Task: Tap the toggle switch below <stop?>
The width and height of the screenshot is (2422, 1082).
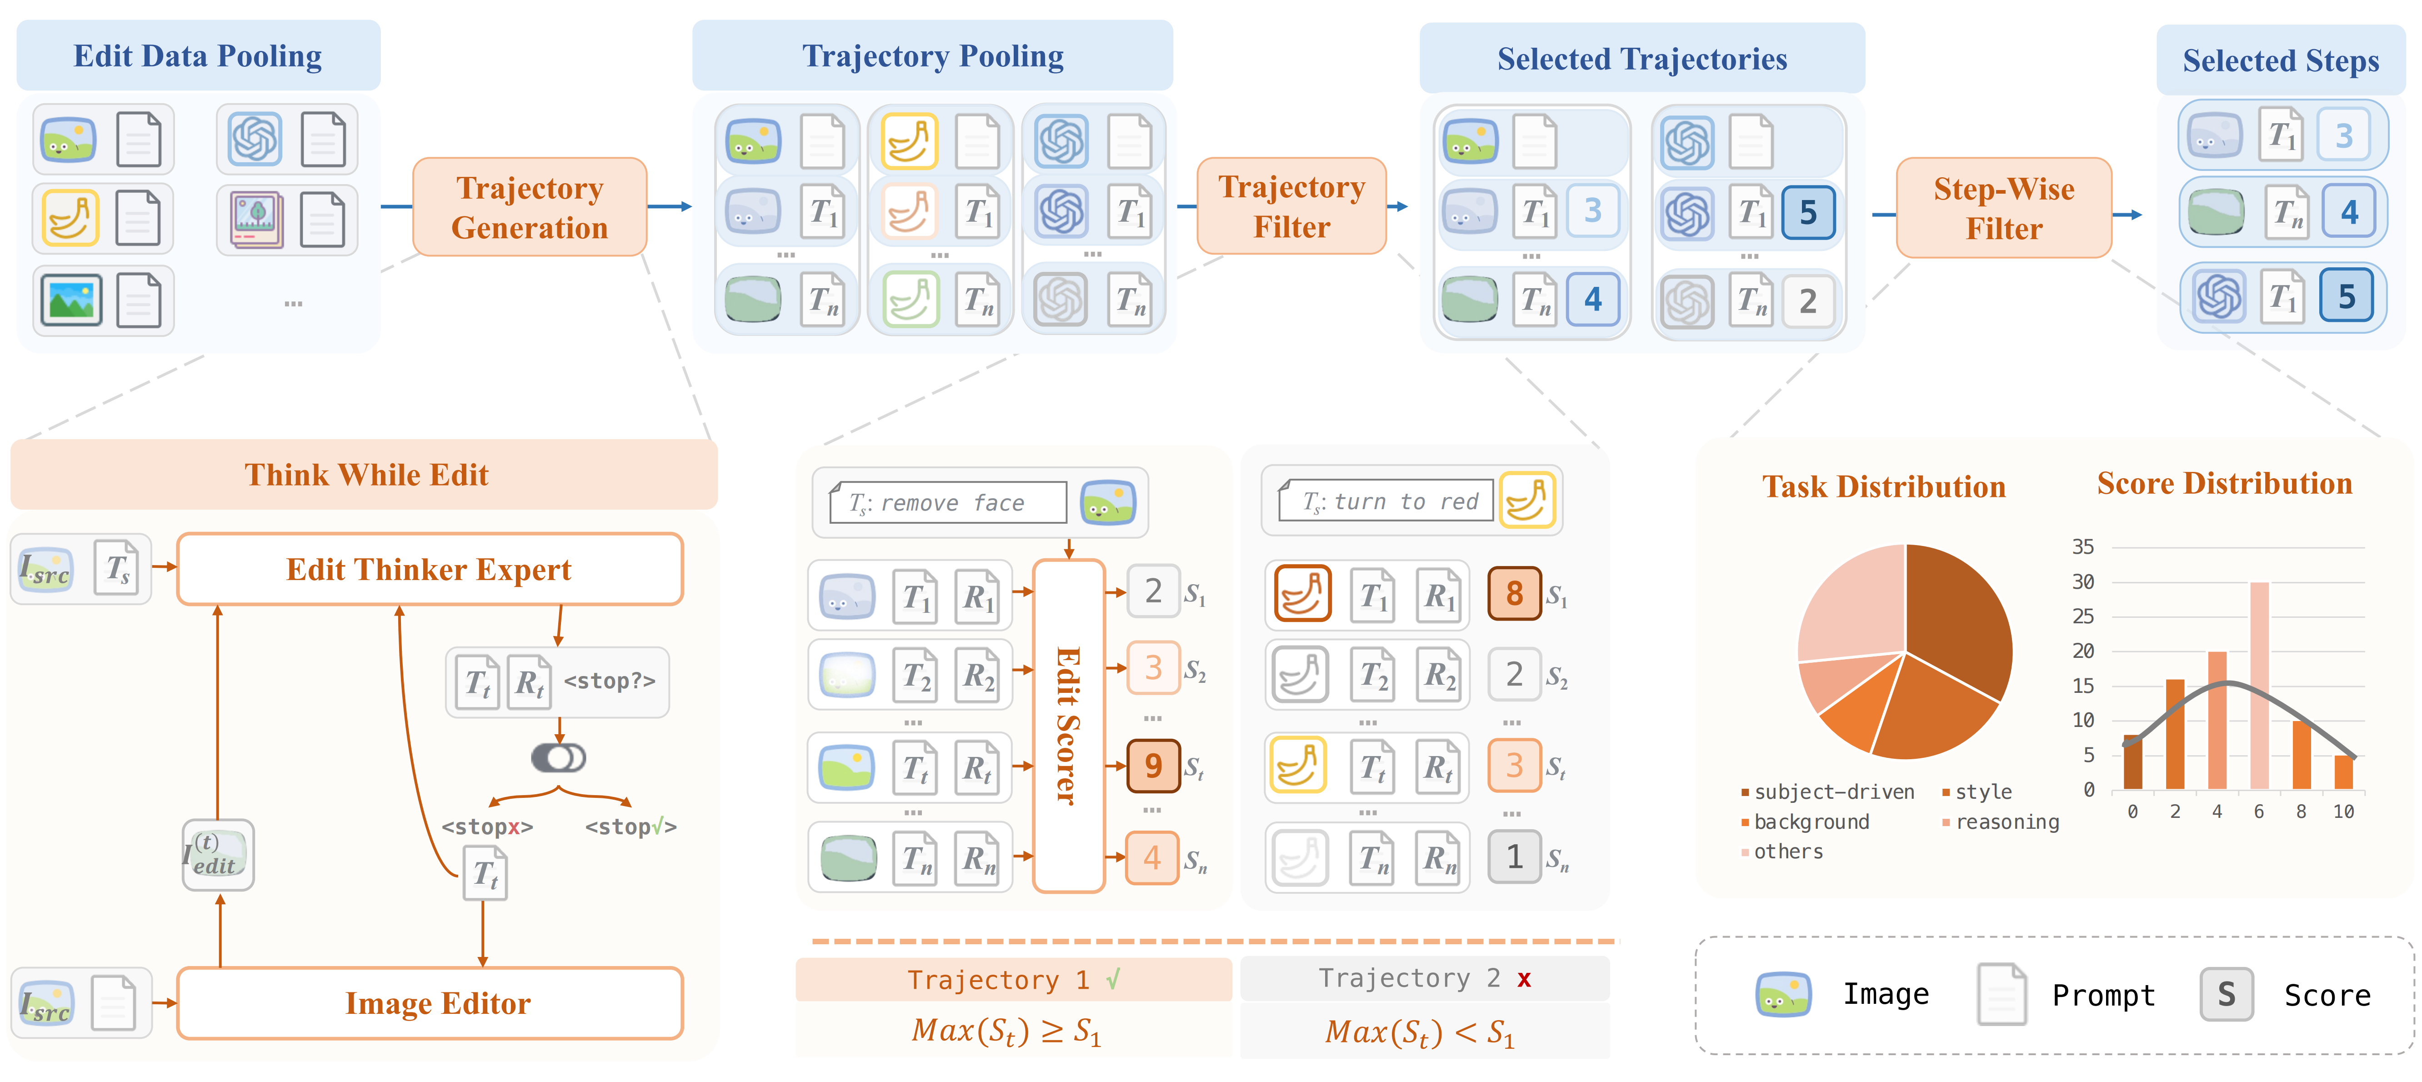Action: (559, 758)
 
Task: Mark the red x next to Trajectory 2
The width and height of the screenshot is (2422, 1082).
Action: (1523, 980)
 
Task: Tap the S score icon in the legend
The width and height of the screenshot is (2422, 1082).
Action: (2226, 995)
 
